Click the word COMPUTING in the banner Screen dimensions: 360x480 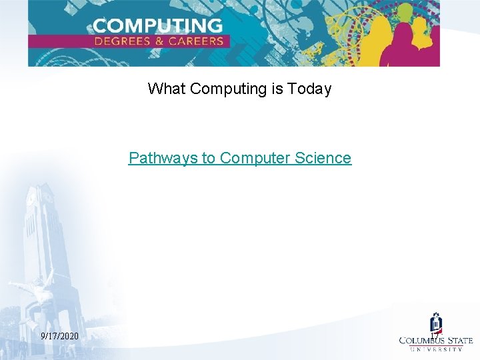(157, 26)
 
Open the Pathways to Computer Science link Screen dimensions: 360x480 (239, 158)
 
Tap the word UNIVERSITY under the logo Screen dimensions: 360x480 (436, 349)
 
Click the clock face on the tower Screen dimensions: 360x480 (31, 198)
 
